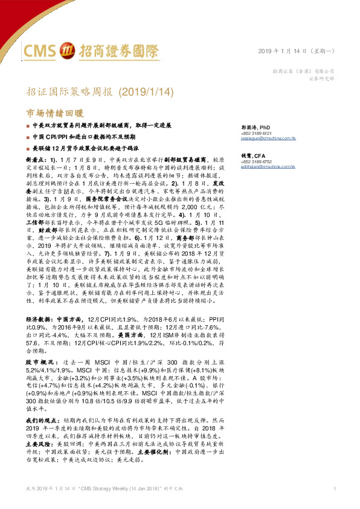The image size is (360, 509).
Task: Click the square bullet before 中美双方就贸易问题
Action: (28, 126)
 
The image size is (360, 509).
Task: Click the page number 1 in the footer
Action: (334, 488)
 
